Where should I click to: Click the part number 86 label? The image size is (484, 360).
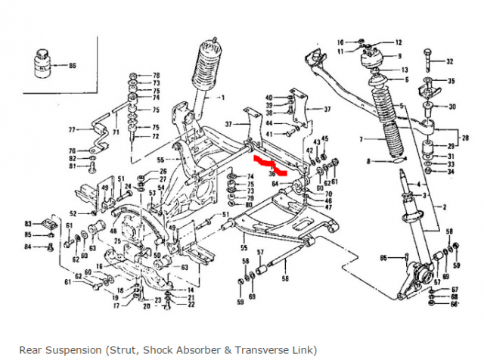(73, 67)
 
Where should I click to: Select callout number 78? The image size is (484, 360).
(157, 76)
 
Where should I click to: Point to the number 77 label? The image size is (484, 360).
(73, 129)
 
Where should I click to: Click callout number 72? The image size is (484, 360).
(156, 137)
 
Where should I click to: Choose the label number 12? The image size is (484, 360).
(398, 42)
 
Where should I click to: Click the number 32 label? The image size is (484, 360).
(450, 61)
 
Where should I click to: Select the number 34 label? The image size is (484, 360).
(450, 171)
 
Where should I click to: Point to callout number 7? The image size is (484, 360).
(361, 139)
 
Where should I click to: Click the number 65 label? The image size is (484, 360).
(383, 259)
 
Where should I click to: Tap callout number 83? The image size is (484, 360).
(29, 225)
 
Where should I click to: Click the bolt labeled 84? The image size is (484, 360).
(48, 247)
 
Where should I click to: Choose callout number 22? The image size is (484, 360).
(191, 305)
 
